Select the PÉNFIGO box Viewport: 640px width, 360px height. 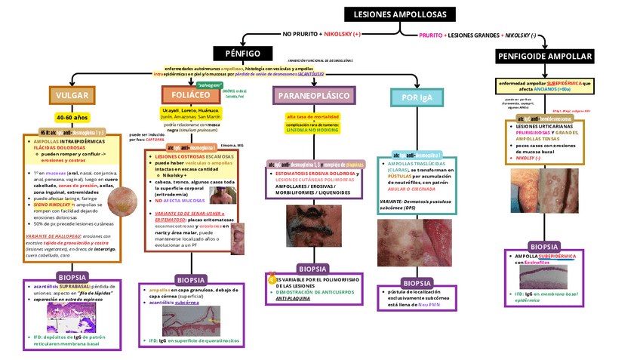point(237,54)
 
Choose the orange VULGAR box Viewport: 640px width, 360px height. point(72,96)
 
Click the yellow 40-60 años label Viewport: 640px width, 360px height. point(72,118)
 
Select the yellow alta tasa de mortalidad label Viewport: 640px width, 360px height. point(312,117)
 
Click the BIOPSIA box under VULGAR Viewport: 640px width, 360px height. point(68,277)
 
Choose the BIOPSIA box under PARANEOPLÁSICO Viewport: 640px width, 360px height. point(312,269)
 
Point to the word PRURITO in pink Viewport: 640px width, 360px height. point(431,35)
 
